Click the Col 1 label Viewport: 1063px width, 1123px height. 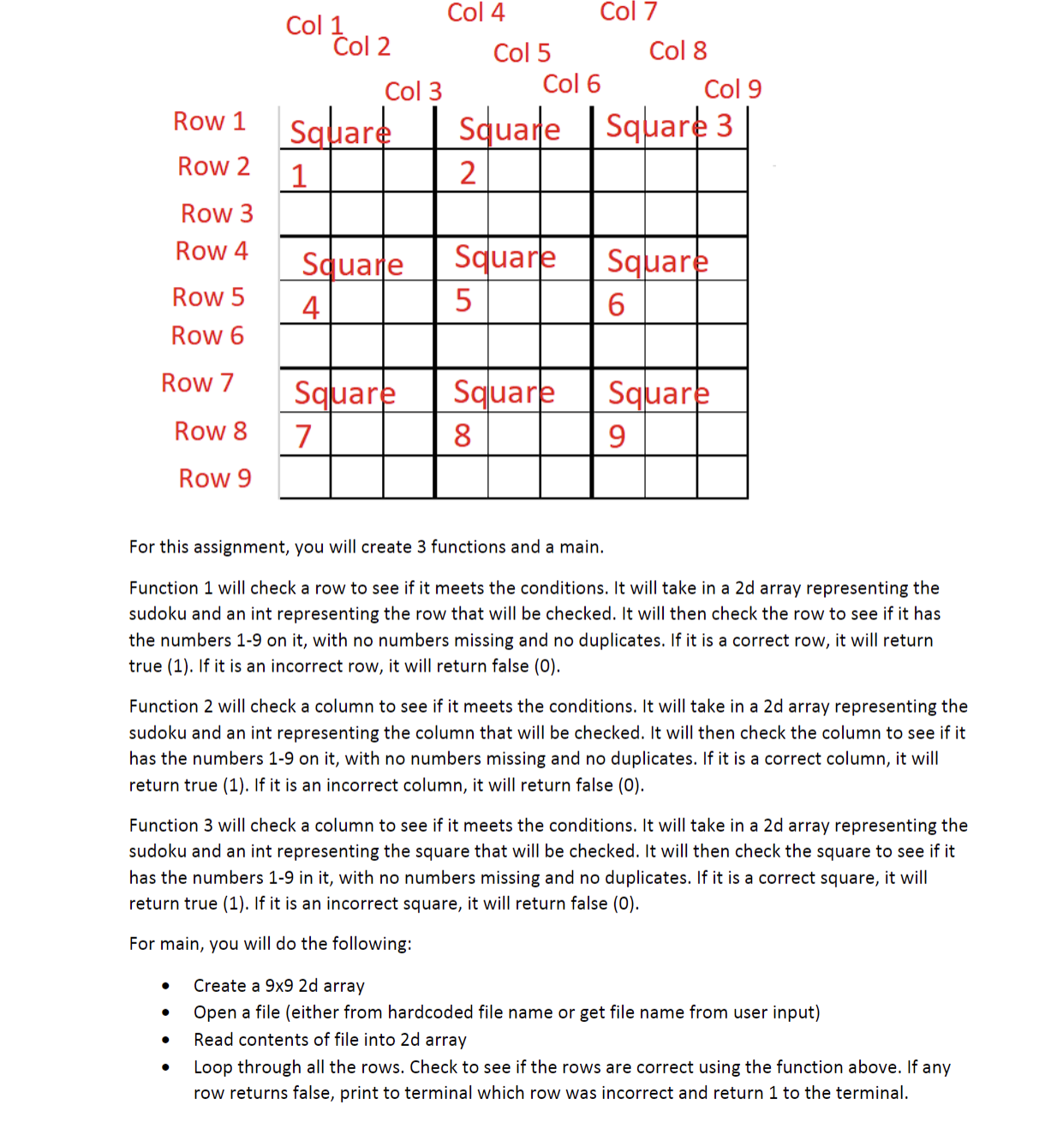(x=314, y=26)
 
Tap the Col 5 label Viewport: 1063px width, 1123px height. (x=522, y=53)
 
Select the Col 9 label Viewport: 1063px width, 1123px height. (x=732, y=89)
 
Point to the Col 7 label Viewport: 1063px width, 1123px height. (x=628, y=12)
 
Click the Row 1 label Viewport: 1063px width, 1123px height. (x=209, y=122)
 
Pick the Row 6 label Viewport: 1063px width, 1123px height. (x=207, y=336)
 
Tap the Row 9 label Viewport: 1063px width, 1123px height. (x=215, y=478)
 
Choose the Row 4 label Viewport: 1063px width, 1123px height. (x=212, y=251)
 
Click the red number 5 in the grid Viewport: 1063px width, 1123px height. (x=463, y=301)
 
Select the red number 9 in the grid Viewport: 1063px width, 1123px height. (x=617, y=437)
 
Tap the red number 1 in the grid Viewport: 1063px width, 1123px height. (x=299, y=176)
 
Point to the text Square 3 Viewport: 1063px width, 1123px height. (x=669, y=126)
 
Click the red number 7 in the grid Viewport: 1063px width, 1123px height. (x=303, y=437)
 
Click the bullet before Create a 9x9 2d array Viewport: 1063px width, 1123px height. (x=165, y=987)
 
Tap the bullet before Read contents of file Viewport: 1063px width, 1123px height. (x=165, y=1041)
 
